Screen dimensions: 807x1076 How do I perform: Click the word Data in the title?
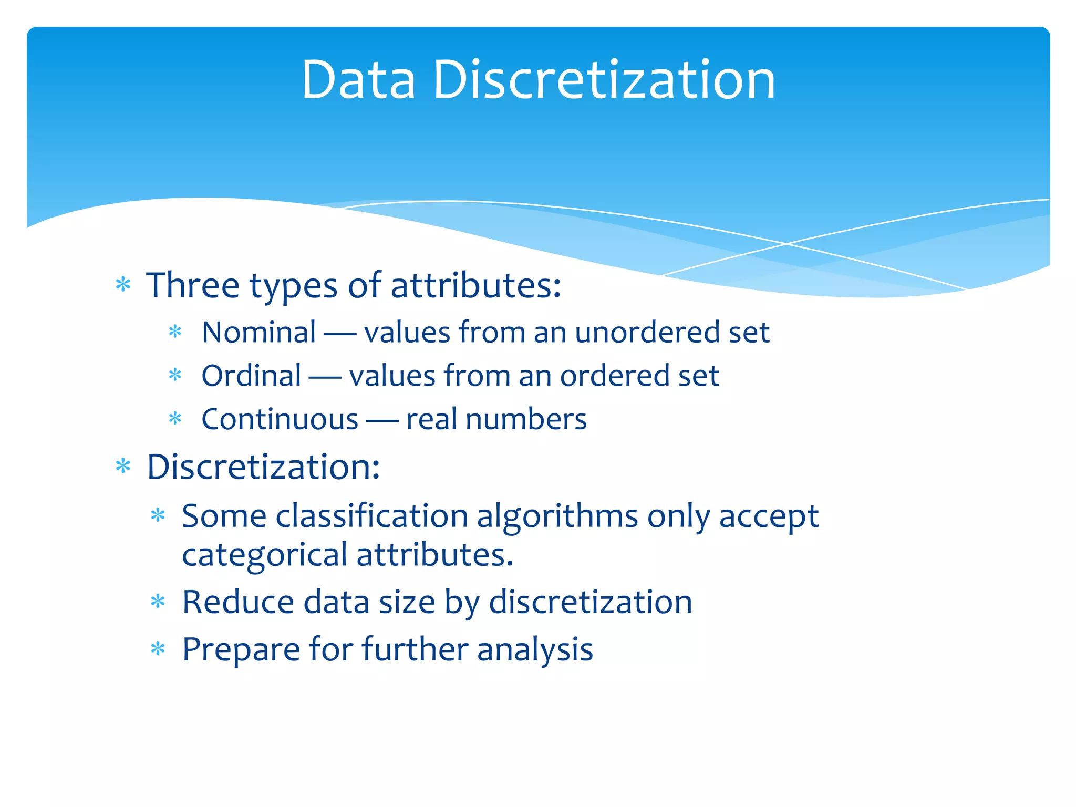coord(358,80)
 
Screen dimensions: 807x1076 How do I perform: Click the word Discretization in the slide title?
coord(604,80)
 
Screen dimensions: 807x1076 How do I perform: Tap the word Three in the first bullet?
coord(193,285)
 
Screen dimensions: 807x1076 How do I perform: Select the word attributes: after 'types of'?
coord(476,285)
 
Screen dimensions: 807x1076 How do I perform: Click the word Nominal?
coord(259,333)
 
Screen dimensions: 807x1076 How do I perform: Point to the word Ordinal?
coord(251,376)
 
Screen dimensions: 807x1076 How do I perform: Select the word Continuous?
coord(280,420)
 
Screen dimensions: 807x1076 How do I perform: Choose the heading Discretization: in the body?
coord(263,467)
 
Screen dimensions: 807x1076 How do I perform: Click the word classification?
coord(372,516)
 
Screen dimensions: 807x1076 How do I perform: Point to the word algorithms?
coord(557,516)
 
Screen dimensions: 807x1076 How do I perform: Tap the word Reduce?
coord(237,602)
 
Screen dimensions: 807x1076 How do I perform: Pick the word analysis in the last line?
coord(535,650)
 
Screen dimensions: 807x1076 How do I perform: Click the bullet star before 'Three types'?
coord(123,285)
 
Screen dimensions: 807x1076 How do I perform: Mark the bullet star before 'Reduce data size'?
coord(158,602)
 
